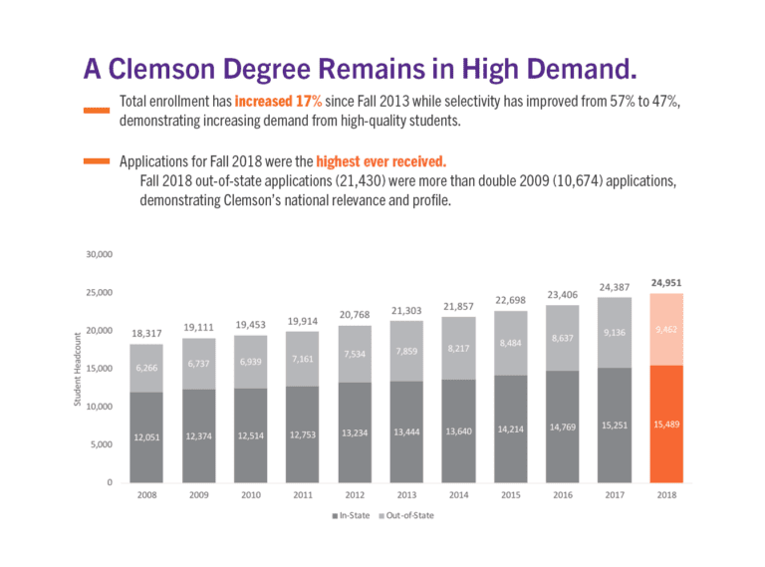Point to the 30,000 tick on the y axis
(x=98, y=255)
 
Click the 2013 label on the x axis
(x=407, y=494)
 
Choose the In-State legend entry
(x=351, y=515)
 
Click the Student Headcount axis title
(x=78, y=369)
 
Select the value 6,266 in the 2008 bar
(x=147, y=368)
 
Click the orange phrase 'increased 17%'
(x=278, y=103)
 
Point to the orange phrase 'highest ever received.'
(x=382, y=162)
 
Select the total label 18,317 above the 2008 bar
(x=147, y=334)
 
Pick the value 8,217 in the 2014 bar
(x=458, y=349)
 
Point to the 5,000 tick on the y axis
(x=100, y=444)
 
